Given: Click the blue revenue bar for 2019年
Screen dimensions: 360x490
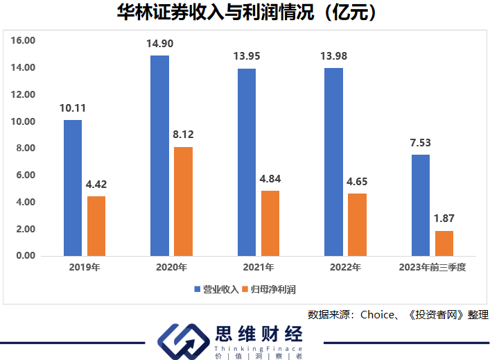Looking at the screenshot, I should coord(72,188).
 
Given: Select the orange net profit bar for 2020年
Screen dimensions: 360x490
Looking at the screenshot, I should coord(183,201).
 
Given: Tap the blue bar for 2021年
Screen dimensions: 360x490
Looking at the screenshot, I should coord(246,162).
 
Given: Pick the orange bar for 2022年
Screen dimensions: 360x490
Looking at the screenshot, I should coord(357,225).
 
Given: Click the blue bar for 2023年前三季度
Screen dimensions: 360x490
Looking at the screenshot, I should coord(421,205).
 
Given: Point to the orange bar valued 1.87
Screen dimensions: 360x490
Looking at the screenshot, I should coord(444,243).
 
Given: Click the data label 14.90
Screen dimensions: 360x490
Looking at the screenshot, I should coord(159,44).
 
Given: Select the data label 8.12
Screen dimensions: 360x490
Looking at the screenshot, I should coord(183,135).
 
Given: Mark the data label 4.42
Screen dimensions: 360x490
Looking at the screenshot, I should coord(96,185).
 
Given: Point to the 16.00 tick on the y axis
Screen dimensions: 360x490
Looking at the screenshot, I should coord(24,41).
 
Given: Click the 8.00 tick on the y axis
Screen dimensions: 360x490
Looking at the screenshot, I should coord(26,148).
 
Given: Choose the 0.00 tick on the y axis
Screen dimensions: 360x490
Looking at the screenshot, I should coord(26,256).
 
